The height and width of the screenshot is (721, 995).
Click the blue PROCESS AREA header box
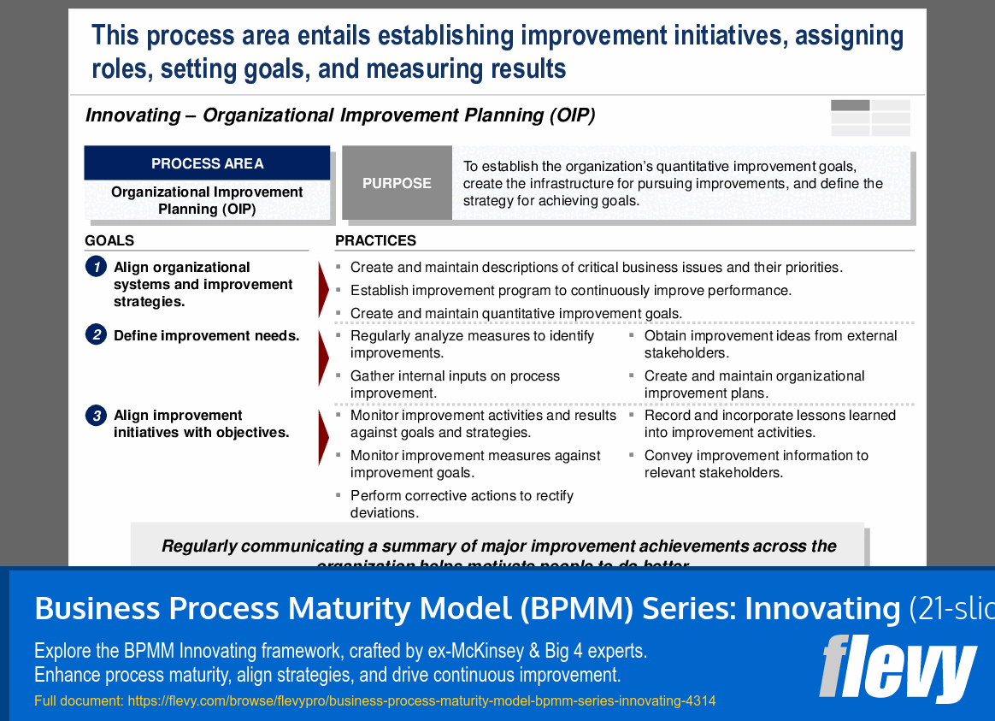207,163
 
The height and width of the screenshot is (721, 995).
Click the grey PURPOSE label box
397,183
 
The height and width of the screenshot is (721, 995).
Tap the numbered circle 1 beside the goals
96,267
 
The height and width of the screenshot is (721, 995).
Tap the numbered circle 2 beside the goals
96,335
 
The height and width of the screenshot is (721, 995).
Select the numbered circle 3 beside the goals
96,416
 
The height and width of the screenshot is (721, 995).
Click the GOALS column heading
109,240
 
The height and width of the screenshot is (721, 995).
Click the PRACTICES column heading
375,240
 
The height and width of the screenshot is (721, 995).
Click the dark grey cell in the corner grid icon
850,106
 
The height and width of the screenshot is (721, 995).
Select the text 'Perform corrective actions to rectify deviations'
462,504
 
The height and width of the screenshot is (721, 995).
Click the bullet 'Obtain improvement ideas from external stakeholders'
770,344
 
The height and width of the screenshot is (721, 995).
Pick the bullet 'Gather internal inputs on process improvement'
455,384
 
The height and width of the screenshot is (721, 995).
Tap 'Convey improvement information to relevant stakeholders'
756,464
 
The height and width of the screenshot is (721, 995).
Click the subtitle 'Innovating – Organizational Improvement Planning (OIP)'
340,115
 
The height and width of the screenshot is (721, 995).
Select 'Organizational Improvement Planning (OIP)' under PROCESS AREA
207,200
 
